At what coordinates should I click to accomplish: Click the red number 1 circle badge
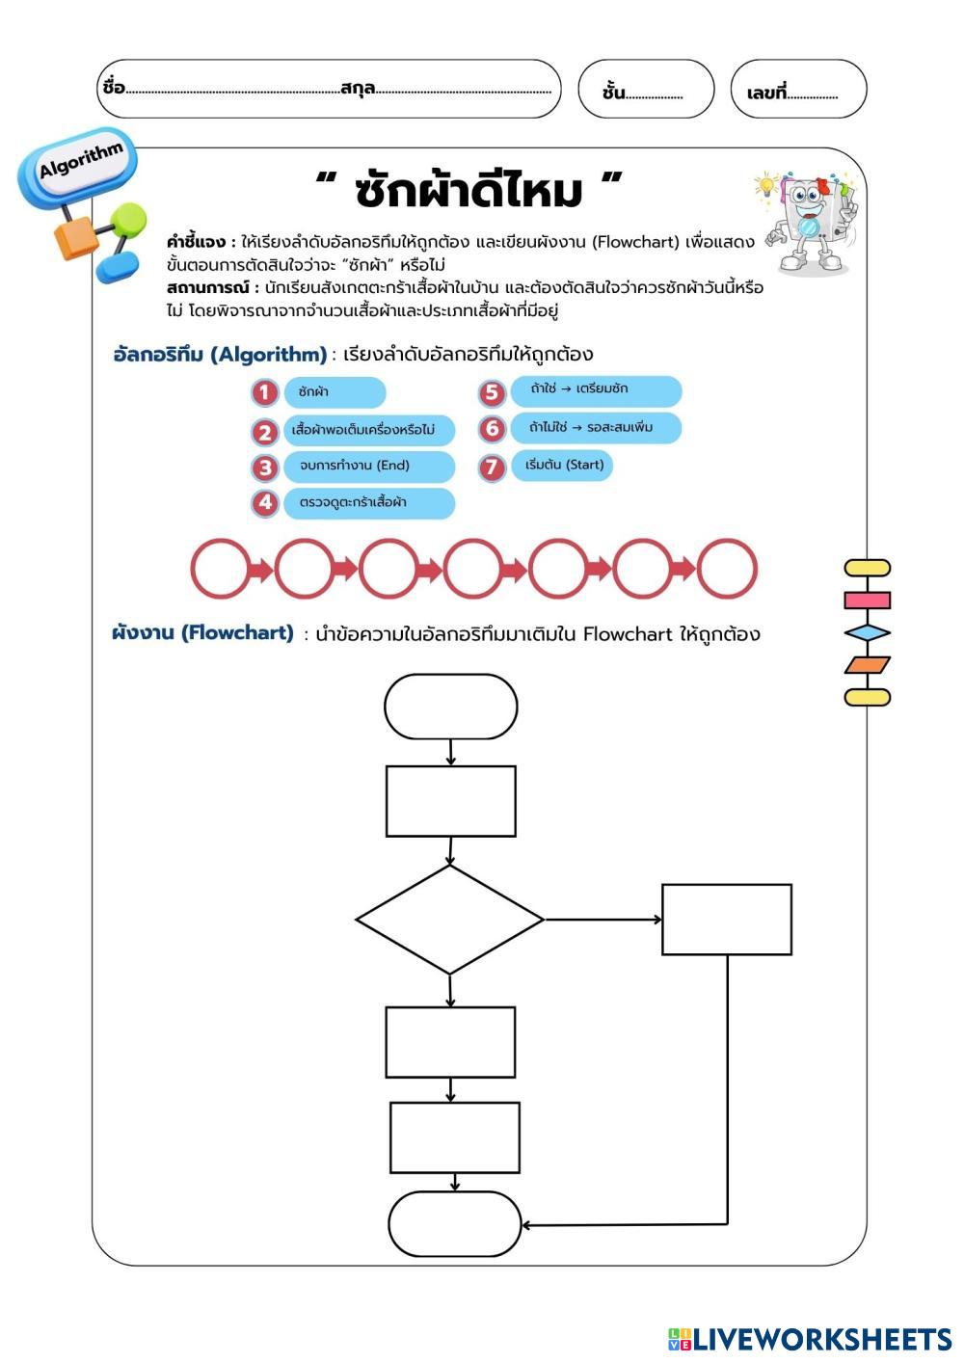click(265, 392)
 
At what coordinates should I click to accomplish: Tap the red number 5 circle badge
click(492, 392)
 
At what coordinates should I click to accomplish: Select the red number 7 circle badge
click(492, 468)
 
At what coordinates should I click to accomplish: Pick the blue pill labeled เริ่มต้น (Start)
click(563, 466)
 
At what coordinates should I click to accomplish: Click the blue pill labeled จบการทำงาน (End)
click(368, 467)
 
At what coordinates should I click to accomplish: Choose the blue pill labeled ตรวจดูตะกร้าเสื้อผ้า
click(368, 503)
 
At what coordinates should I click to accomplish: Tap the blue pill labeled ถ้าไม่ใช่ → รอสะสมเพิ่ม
click(596, 428)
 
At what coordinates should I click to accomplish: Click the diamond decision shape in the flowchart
click(450, 920)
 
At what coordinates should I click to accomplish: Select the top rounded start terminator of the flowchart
click(450, 707)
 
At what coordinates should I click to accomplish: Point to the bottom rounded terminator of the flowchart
click(454, 1223)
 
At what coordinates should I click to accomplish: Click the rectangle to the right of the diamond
click(727, 920)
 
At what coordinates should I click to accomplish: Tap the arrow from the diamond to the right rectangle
click(603, 920)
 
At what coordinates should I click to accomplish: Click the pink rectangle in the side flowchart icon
click(867, 601)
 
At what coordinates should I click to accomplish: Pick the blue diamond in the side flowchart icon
click(867, 633)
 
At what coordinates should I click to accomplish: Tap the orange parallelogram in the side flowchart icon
click(867, 665)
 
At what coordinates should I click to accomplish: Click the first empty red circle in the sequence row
click(220, 570)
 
